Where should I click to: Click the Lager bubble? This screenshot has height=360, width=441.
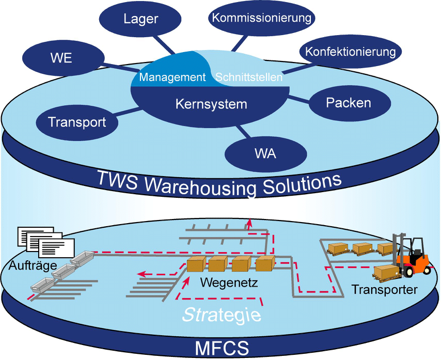pyautogui.click(x=141, y=19)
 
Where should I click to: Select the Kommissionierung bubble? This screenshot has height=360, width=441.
pyautogui.click(x=262, y=18)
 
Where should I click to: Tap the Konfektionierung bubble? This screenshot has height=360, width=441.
pyautogui.click(x=350, y=51)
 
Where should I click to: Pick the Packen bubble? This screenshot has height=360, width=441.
pyautogui.click(x=348, y=102)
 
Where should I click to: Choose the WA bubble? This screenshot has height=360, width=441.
pyautogui.click(x=266, y=153)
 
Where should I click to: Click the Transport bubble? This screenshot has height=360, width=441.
pyautogui.click(x=77, y=122)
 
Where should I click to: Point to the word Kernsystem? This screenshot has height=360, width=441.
pyautogui.click(x=211, y=104)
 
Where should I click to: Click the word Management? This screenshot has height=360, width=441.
pyautogui.click(x=172, y=77)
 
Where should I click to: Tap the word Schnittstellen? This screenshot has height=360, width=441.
pyautogui.click(x=249, y=77)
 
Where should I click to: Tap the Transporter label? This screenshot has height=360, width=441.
pyautogui.click(x=384, y=290)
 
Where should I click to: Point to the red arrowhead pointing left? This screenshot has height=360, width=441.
pyautogui.click(x=140, y=275)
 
